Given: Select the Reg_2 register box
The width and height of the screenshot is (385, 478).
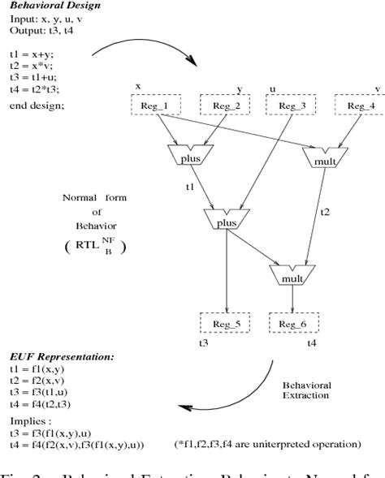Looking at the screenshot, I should pos(225,106).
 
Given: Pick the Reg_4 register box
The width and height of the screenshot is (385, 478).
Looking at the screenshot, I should pos(360,106).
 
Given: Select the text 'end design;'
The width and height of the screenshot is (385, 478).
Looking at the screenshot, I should pos(32,106).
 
